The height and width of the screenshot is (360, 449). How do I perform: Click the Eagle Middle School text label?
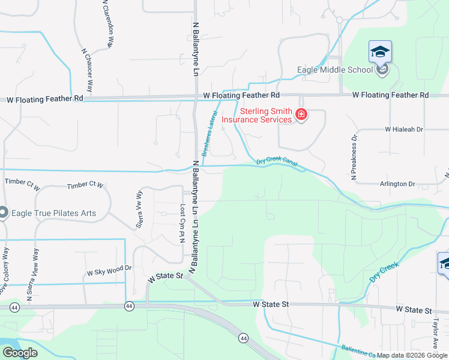335,70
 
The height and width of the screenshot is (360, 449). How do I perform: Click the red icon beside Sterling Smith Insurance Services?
301,115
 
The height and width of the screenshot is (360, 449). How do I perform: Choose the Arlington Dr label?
397,184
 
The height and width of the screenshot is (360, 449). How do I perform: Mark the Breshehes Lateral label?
209,133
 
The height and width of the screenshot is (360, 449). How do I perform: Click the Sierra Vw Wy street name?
139,209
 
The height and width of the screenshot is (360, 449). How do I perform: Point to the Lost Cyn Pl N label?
182,223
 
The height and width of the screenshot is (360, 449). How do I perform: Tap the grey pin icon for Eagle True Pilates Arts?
3,212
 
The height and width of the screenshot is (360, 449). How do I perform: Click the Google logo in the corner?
20,353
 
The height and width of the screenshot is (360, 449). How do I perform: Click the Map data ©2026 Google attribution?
412,355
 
